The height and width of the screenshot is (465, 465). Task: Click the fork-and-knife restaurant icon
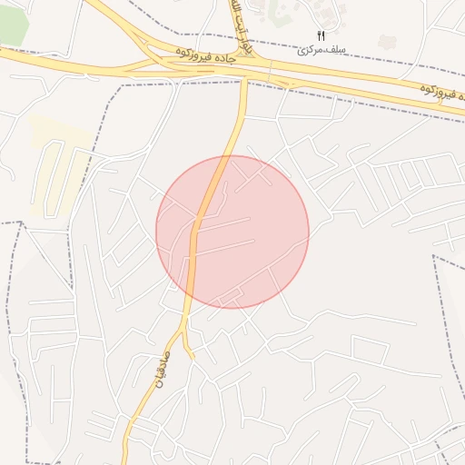[321, 35]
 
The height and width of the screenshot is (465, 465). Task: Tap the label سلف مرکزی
[316, 49]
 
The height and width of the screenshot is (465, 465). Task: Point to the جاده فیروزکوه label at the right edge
[438, 91]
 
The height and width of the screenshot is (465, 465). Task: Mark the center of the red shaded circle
[232, 232]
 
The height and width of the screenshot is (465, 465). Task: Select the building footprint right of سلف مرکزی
[387, 42]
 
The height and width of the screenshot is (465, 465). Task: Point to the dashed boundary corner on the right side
[434, 257]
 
